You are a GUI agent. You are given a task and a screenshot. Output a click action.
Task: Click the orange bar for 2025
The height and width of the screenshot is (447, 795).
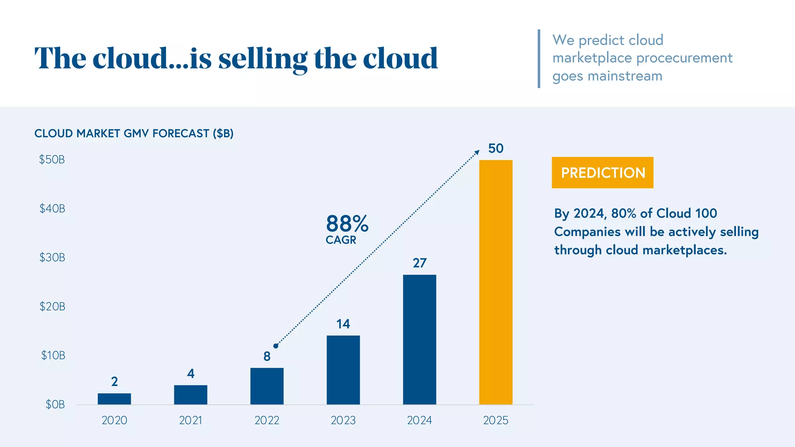tap(496, 282)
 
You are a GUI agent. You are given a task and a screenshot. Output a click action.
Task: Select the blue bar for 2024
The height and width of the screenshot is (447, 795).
tap(419, 340)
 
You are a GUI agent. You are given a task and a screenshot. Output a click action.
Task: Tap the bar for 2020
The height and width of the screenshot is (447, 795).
tap(114, 399)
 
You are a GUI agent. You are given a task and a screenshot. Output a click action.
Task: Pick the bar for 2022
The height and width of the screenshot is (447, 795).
tap(267, 386)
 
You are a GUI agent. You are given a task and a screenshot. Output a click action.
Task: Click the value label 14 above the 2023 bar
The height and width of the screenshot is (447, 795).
tap(343, 324)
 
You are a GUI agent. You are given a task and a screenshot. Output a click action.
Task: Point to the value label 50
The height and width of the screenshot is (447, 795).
tap(496, 148)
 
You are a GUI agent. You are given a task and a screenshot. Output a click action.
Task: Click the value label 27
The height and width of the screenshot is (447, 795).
tap(419, 263)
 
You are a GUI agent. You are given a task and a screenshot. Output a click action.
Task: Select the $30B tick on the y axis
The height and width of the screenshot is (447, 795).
tap(52, 257)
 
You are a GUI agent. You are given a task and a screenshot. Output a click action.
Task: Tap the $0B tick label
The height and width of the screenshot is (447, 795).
tap(55, 404)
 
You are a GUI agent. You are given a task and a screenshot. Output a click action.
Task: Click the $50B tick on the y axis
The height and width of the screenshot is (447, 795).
tap(52, 159)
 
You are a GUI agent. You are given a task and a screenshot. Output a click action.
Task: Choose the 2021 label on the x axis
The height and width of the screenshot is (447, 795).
tap(190, 420)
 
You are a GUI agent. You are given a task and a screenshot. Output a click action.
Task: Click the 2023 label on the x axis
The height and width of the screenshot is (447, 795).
tap(343, 420)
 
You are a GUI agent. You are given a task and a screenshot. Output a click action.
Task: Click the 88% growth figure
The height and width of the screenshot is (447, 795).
tap(347, 224)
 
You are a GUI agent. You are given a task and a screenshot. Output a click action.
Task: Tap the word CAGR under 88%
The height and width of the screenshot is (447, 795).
tap(341, 240)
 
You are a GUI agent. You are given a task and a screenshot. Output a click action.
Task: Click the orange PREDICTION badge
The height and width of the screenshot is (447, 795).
tap(602, 173)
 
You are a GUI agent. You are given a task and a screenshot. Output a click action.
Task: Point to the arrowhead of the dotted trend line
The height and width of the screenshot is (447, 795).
tap(477, 152)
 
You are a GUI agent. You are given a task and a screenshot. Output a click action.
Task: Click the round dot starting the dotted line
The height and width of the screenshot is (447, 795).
tap(276, 346)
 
